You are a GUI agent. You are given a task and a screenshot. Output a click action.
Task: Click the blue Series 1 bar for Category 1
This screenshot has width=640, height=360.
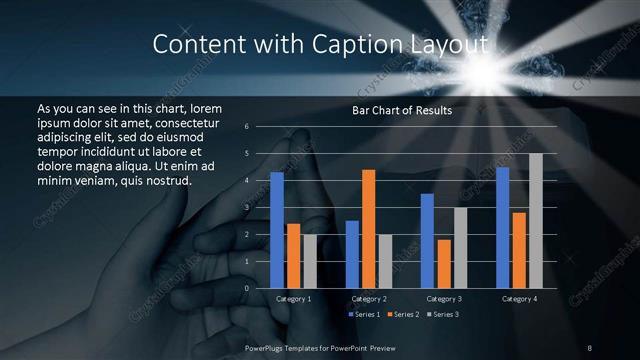tap(277, 230)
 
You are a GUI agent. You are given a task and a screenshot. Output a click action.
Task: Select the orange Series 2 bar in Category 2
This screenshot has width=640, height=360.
tap(368, 229)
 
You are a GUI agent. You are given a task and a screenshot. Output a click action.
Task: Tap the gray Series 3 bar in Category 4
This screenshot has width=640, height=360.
tap(536, 220)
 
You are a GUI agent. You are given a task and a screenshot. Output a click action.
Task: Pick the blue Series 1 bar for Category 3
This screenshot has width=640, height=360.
tap(427, 241)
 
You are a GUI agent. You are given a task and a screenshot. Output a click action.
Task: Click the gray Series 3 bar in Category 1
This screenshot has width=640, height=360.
tap(310, 261)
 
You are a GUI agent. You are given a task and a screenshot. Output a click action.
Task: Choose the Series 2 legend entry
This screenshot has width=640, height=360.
tap(404, 315)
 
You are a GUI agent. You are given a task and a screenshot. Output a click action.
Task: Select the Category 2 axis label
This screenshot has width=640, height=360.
tap(368, 299)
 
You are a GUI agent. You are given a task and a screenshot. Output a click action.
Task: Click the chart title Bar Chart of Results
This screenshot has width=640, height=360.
tap(402, 110)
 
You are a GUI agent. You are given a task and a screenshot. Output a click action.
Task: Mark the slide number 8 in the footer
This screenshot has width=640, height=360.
tap(589, 347)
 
